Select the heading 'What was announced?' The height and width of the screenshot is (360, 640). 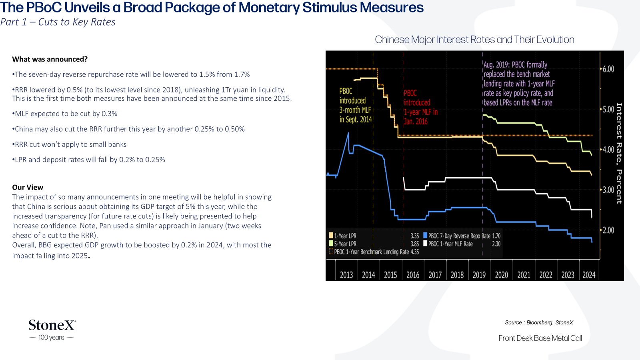tap(50, 59)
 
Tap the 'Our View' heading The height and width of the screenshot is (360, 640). tap(28, 187)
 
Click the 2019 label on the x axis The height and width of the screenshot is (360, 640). tap(479, 275)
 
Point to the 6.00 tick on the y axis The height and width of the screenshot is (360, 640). tap(608, 69)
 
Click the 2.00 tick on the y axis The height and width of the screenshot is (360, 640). tap(608, 230)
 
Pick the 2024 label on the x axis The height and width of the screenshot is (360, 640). tap(589, 275)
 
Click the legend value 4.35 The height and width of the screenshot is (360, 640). tap(414, 252)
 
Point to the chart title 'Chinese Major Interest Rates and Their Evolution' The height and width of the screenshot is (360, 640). tap(474, 40)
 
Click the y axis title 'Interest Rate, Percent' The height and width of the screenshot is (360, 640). tap(619, 154)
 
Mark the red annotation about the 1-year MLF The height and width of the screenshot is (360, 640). tap(420, 107)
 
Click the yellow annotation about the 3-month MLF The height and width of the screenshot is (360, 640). tap(356, 105)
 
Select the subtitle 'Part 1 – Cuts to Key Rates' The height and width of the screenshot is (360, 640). tap(58, 22)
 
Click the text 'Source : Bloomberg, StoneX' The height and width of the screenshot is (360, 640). tap(539, 322)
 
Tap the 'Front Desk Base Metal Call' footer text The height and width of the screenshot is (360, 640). tap(540, 338)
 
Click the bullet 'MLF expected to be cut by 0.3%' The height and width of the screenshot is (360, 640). tap(64, 114)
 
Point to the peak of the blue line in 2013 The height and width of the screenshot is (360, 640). tap(348, 133)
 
